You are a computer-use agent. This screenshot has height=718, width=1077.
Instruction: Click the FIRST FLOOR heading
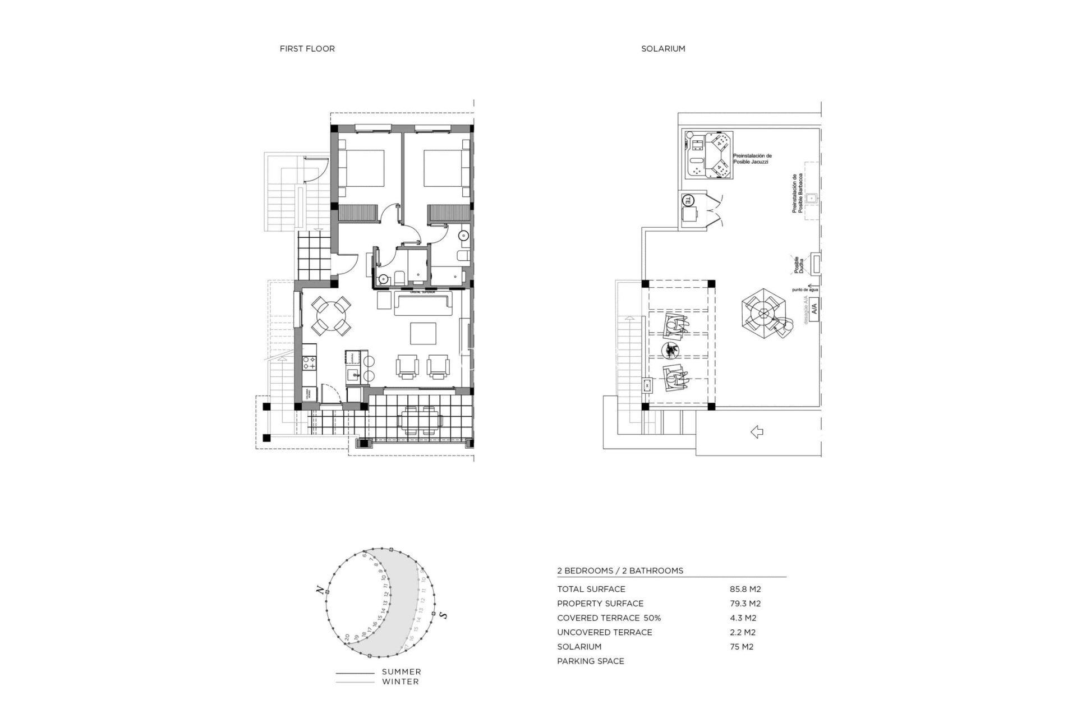(307, 49)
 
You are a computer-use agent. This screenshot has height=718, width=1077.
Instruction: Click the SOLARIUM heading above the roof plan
(663, 49)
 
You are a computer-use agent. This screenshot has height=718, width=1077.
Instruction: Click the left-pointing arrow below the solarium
(757, 432)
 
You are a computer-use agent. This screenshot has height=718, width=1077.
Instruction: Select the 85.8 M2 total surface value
(745, 589)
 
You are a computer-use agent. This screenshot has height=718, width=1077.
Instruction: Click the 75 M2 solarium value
(741, 647)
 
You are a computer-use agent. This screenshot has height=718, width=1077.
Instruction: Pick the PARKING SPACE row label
(590, 661)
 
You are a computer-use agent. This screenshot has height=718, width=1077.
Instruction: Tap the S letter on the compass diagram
(443, 615)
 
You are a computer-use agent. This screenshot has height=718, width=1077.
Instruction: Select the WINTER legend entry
(400, 682)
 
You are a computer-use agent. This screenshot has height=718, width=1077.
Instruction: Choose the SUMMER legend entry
(401, 672)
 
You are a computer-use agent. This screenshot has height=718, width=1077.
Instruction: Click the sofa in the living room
(424, 303)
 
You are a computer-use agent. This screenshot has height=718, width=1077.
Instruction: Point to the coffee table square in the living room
(423, 333)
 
